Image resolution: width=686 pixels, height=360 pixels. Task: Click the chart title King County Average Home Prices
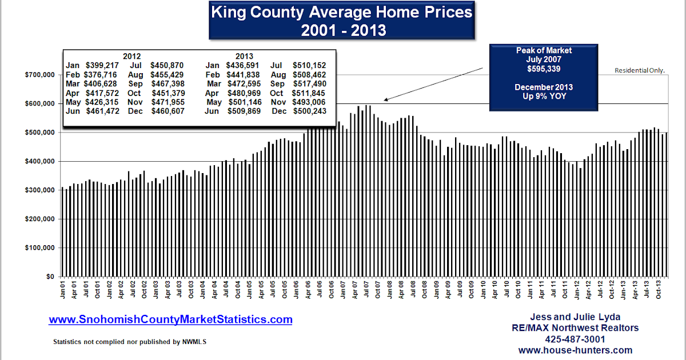click(x=342, y=12)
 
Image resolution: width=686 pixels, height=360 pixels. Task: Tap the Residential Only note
click(x=640, y=70)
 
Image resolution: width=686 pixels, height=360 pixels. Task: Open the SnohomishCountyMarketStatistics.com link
click(x=170, y=320)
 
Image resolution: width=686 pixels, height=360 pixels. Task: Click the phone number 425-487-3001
click(x=575, y=339)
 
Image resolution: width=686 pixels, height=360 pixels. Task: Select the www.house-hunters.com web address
click(x=575, y=350)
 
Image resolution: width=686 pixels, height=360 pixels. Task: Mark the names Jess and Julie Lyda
click(x=575, y=317)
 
